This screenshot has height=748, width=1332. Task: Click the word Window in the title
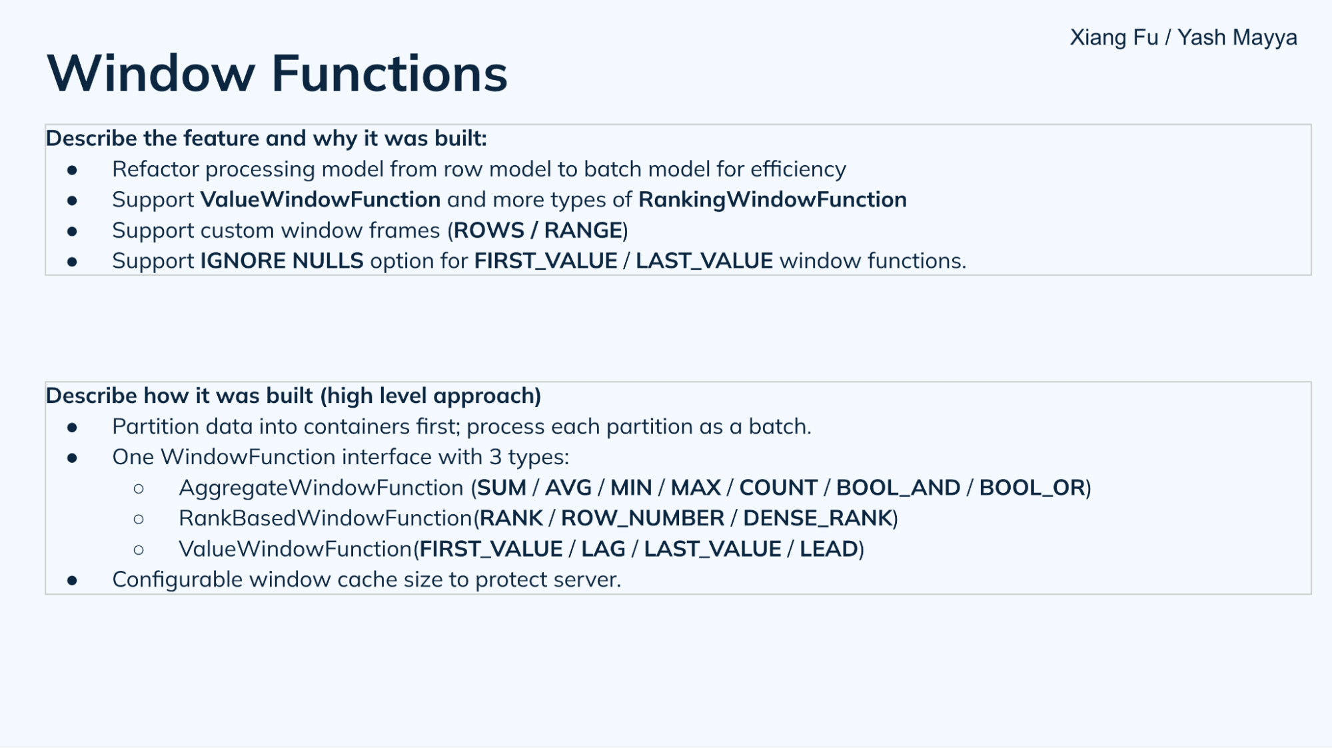click(x=151, y=73)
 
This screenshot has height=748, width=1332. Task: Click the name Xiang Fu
click(x=1113, y=37)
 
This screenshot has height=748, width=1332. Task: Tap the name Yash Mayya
click(x=1237, y=37)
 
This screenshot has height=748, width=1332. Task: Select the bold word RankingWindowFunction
click(x=772, y=200)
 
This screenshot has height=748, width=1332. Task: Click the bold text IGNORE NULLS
click(x=282, y=261)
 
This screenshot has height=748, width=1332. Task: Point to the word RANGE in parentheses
click(x=583, y=230)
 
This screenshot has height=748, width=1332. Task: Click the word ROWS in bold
click(x=488, y=230)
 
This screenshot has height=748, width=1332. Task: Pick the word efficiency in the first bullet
click(x=798, y=170)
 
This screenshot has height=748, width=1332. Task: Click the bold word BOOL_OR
click(x=1031, y=488)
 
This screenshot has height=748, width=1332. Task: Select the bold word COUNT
click(x=778, y=488)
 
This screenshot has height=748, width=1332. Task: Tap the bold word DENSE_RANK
click(x=818, y=519)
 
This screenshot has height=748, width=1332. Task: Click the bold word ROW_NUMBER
click(x=642, y=519)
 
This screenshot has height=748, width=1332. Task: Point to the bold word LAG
click(x=603, y=550)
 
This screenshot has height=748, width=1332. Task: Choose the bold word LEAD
click(x=828, y=550)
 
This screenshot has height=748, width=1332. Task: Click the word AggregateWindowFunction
click(x=321, y=488)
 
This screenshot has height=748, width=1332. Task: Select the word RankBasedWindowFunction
click(x=325, y=519)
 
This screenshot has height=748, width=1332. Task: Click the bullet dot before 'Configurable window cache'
click(x=72, y=581)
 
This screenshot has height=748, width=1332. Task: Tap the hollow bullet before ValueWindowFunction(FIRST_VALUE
click(x=139, y=550)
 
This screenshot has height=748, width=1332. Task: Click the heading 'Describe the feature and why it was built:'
click(x=266, y=139)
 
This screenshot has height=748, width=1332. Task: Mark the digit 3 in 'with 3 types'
click(x=495, y=458)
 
